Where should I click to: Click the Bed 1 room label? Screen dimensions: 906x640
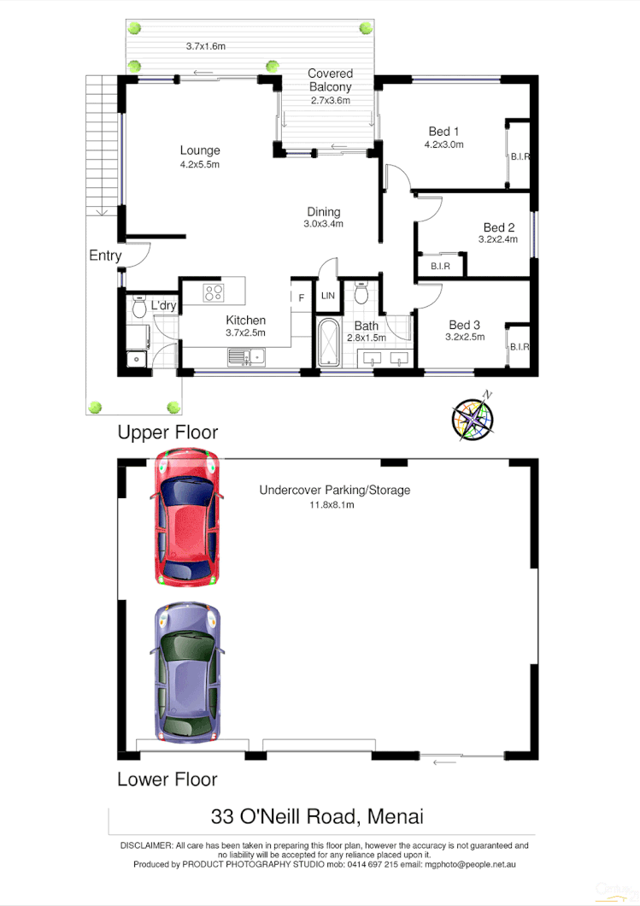click(444, 132)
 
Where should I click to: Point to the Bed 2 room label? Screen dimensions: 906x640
click(499, 227)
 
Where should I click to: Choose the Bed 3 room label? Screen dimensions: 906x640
click(465, 325)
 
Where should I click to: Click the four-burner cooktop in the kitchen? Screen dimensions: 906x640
click(214, 293)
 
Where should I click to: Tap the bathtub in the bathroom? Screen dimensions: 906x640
click(328, 344)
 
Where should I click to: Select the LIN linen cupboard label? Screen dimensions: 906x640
click(328, 296)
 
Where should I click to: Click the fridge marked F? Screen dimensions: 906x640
click(301, 297)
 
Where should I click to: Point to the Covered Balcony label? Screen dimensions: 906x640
click(330, 80)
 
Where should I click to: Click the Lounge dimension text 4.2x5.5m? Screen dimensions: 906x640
click(200, 164)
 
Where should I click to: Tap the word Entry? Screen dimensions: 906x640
click(105, 256)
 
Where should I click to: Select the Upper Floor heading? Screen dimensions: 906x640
click(167, 432)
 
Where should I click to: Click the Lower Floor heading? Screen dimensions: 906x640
click(167, 779)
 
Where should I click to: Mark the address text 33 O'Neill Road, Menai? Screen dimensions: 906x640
click(318, 816)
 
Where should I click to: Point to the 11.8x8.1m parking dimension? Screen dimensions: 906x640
click(331, 505)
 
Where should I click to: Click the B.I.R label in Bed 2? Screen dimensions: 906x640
click(440, 267)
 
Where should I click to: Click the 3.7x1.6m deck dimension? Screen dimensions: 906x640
click(205, 46)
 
